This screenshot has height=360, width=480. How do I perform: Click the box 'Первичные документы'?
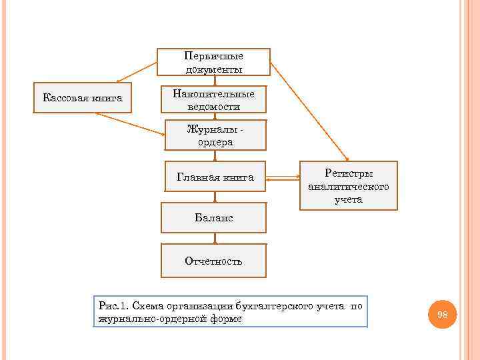[213, 62]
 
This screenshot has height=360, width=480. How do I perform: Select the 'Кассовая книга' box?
[83, 98]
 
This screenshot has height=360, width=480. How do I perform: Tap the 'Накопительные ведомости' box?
[213, 100]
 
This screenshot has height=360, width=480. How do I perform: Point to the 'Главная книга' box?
[215, 177]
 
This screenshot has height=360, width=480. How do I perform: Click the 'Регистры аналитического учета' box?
[349, 186]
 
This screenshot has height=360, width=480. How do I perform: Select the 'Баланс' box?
[214, 218]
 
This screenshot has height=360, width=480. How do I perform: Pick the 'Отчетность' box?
[213, 261]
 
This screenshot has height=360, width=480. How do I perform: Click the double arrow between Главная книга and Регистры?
[283, 178]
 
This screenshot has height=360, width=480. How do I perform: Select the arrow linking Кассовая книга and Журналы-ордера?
[129, 123]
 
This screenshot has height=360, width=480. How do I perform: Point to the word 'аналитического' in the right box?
[349, 187]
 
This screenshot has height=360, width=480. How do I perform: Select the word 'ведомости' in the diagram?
[214, 107]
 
